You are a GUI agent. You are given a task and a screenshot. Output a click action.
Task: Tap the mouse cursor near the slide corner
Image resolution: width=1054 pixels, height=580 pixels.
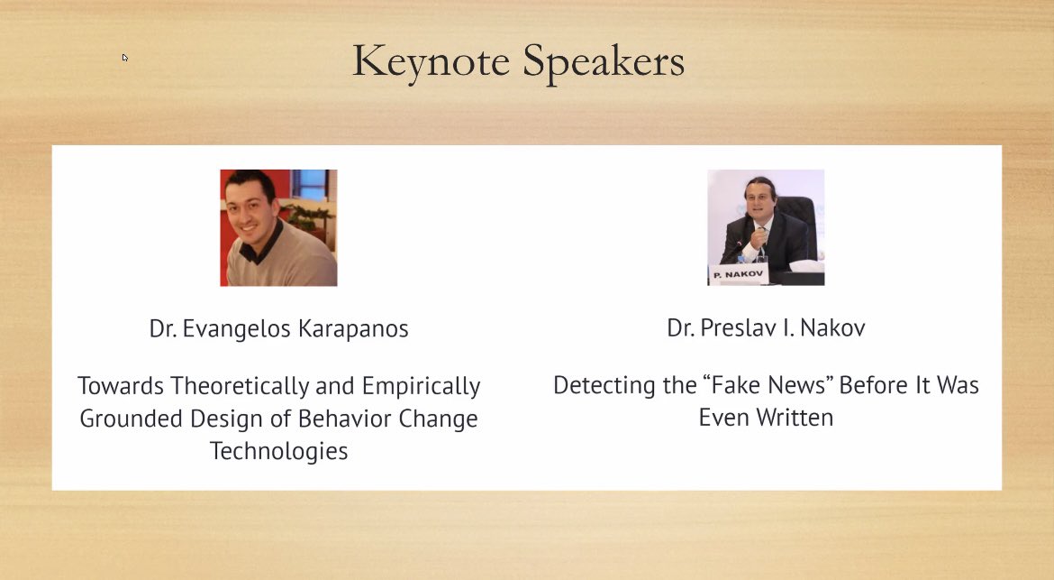(124, 58)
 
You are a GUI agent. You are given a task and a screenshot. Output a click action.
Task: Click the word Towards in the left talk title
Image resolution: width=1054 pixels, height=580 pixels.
(120, 386)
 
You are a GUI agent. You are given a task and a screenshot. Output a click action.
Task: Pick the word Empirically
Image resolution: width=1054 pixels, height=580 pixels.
(421, 386)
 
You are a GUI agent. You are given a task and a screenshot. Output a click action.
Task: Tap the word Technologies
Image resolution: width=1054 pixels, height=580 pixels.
(278, 450)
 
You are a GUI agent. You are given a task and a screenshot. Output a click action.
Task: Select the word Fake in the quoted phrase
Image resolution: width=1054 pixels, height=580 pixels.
(737, 386)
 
